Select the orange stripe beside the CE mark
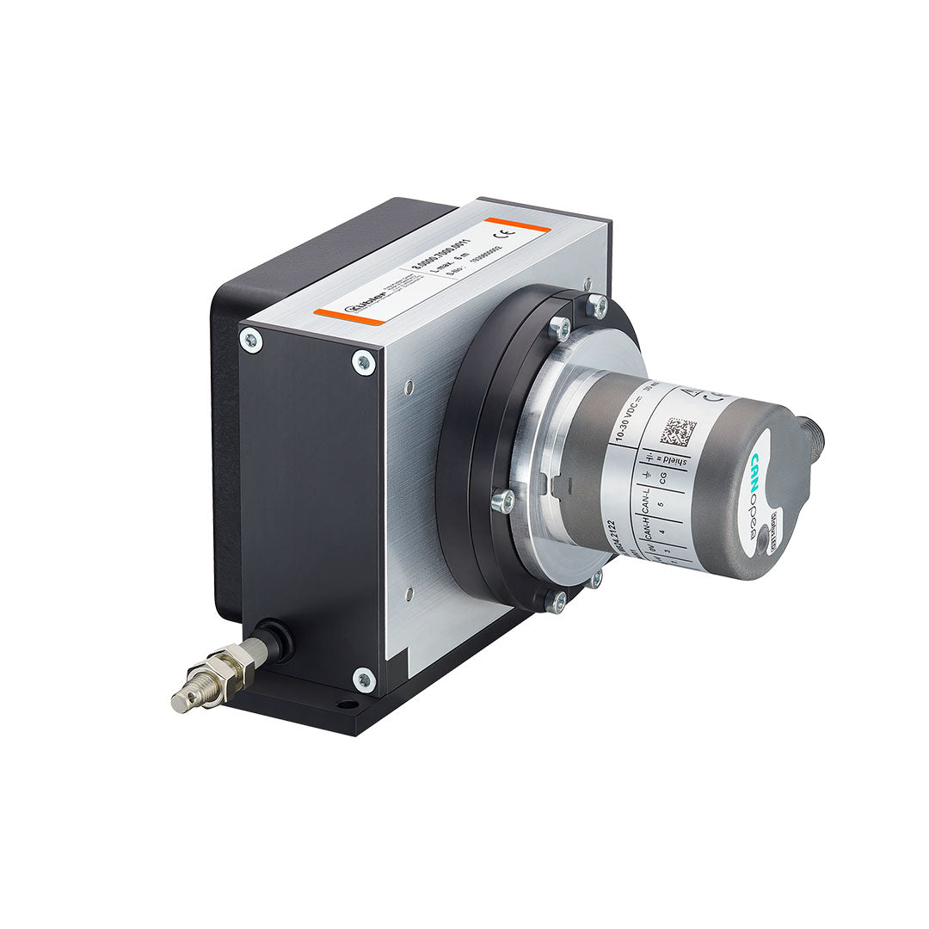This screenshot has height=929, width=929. [516, 225]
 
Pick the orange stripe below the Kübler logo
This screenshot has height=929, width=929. [348, 317]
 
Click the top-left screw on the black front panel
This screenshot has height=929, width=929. [250, 341]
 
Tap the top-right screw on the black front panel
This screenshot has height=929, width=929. [364, 363]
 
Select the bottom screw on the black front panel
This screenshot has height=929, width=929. [364, 680]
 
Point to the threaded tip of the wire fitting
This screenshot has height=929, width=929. [182, 701]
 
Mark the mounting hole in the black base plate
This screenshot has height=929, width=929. [347, 704]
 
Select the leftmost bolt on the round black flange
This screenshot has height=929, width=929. [501, 500]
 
